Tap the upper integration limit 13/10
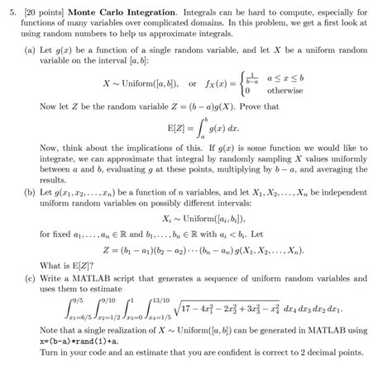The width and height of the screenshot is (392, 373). tap(158, 300)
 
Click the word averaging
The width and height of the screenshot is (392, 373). tap(342, 169)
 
